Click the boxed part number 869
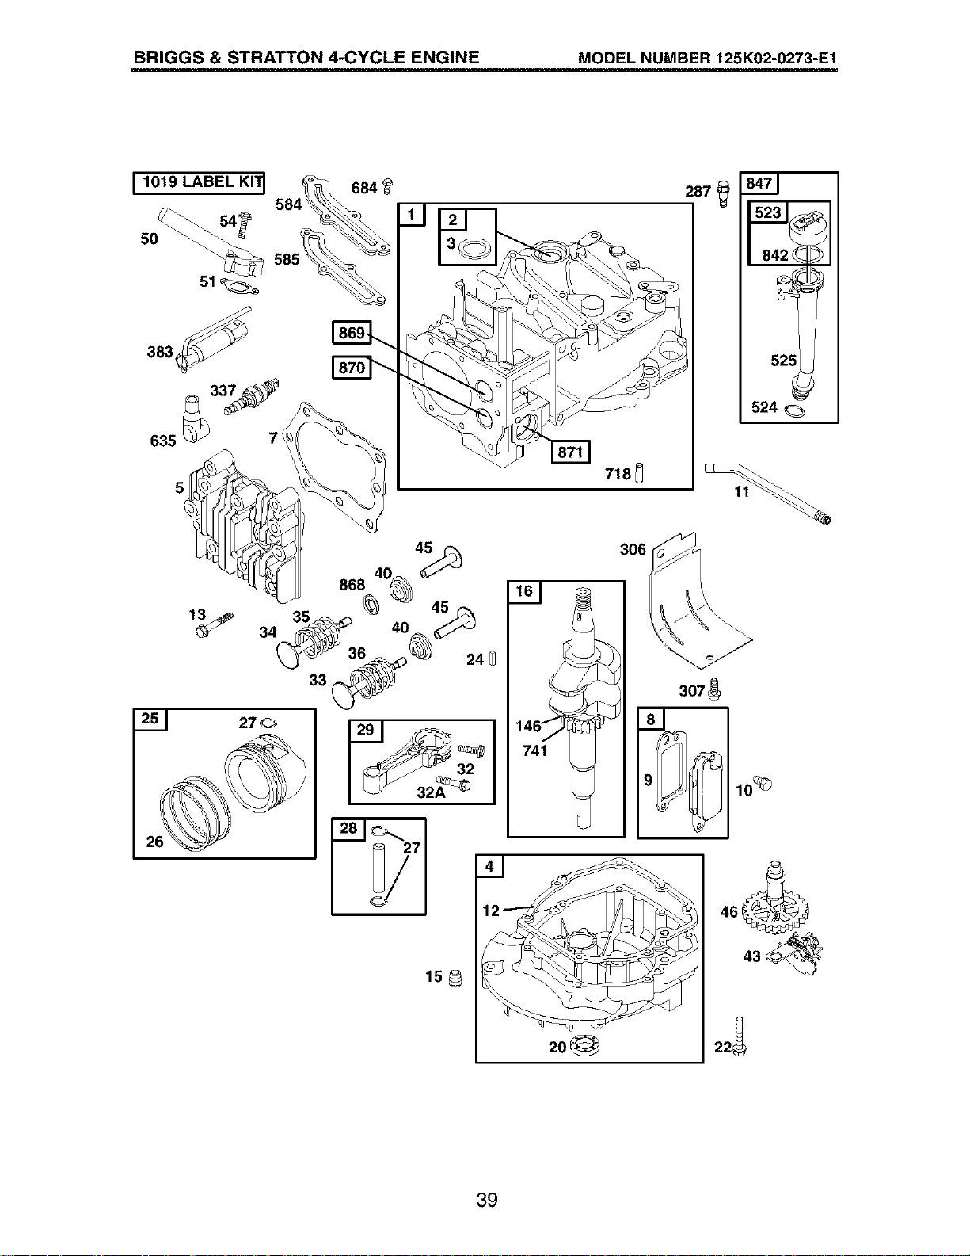pos(352,332)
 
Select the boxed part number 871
pos(570,452)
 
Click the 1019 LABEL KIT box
pos(199,182)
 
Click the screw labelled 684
pos(388,187)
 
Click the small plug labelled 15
pos(456,978)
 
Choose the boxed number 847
pos(759,183)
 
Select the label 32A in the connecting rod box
pos(431,792)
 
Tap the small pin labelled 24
pos(493,659)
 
